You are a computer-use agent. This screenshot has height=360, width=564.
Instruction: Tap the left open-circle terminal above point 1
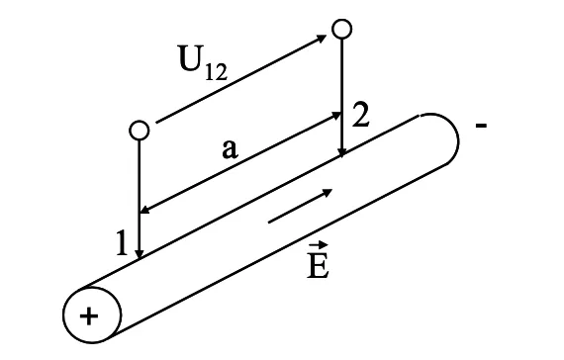[x=139, y=130]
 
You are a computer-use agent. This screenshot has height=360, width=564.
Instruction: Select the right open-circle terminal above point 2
[x=341, y=29]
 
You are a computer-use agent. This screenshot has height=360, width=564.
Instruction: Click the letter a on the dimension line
[x=230, y=149]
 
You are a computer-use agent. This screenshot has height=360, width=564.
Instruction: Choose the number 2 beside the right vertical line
[x=361, y=115]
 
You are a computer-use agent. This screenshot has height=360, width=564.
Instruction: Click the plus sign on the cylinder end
[x=90, y=315]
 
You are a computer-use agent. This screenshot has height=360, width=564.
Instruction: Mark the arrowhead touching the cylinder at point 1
[x=139, y=254]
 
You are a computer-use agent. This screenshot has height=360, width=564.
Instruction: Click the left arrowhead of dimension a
[x=145, y=209]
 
